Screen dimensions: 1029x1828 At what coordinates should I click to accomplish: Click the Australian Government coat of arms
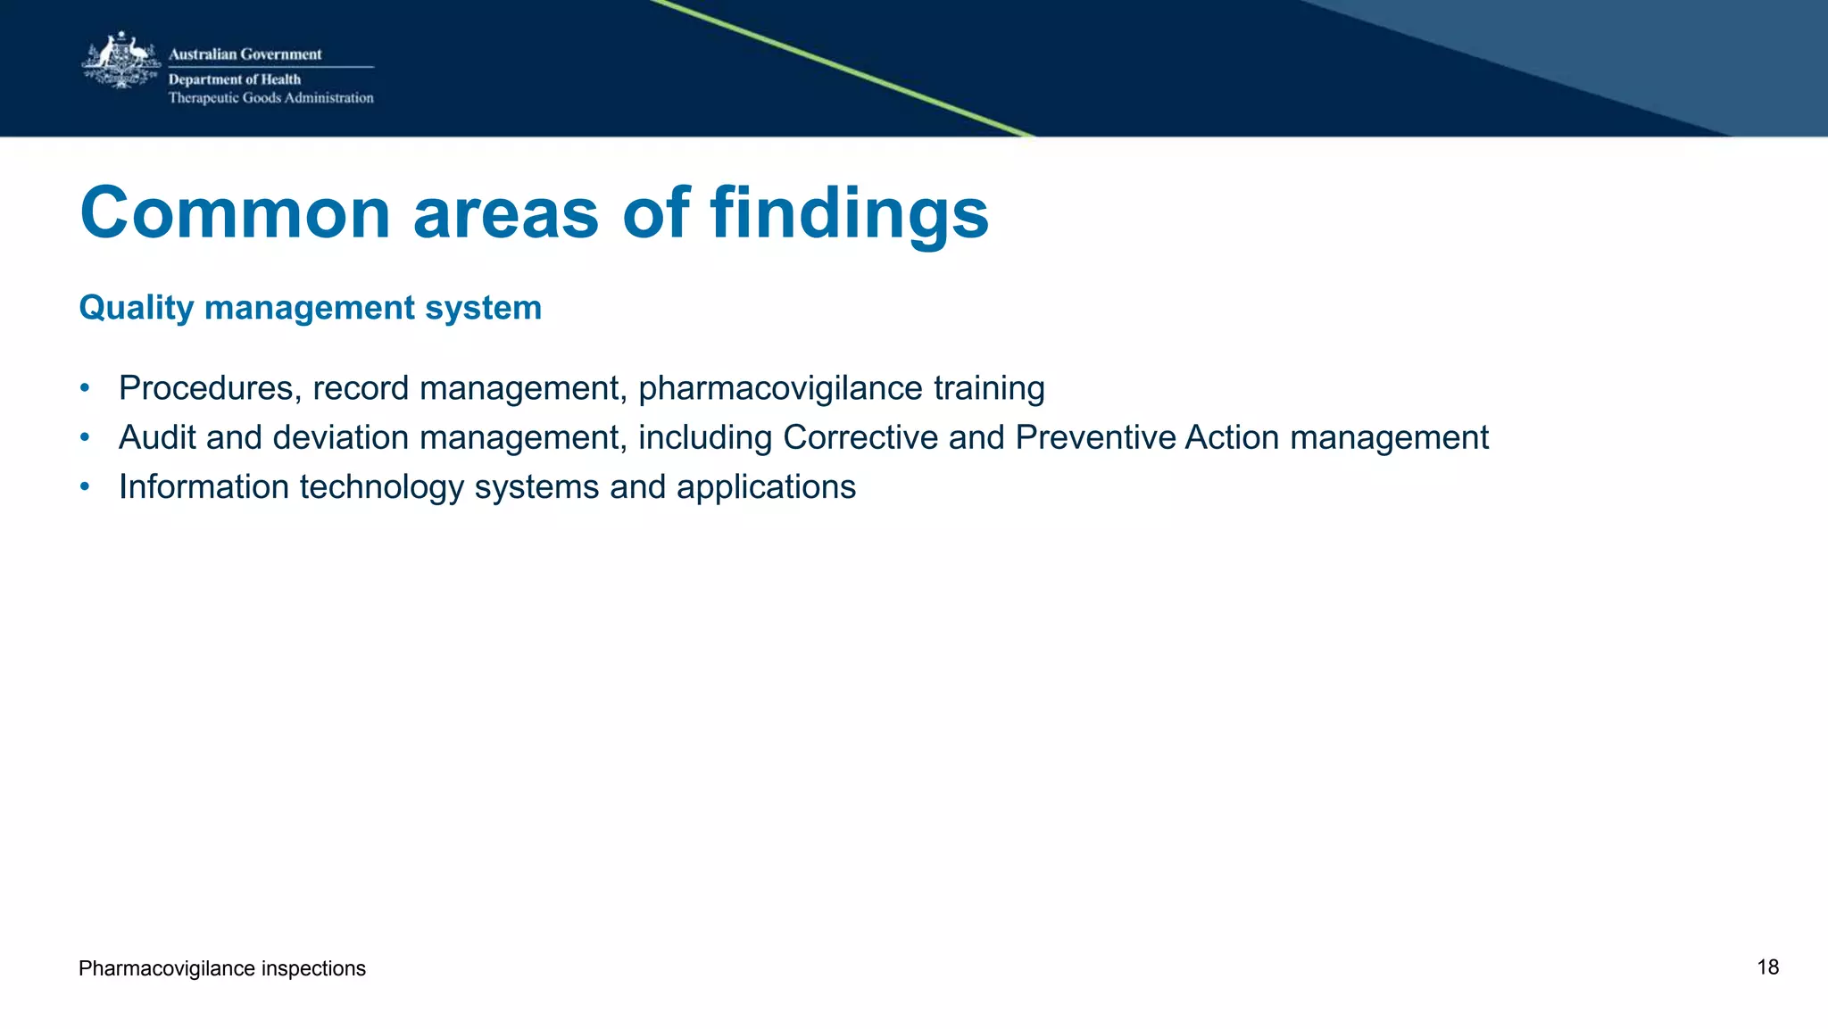[121, 61]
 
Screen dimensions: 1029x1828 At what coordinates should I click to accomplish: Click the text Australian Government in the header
[245, 54]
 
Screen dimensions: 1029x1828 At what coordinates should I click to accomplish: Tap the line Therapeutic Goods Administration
[270, 98]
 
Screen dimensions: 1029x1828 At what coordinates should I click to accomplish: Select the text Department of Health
[235, 79]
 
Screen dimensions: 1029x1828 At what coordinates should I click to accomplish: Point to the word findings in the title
[849, 214]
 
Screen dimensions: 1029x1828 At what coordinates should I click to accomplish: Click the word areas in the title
[506, 214]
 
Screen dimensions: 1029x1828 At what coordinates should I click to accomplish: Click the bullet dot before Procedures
[85, 388]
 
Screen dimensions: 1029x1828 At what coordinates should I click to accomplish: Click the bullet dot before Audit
[85, 437]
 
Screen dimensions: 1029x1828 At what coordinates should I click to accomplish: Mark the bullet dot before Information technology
[85, 486]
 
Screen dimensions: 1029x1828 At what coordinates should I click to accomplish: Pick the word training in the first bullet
[989, 388]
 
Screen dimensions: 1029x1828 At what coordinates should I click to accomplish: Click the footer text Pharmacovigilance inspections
[222, 968]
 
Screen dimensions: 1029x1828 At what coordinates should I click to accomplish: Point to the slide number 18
[1767, 967]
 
